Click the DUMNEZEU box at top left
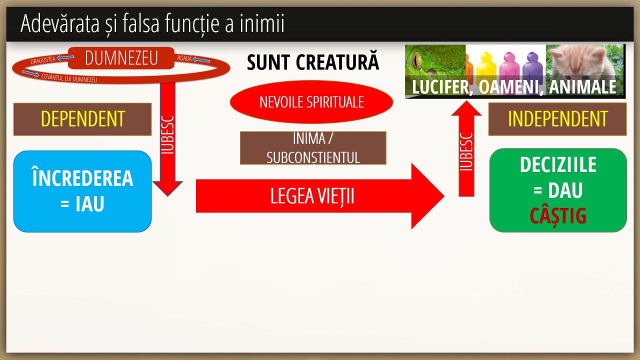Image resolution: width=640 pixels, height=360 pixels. [121, 58]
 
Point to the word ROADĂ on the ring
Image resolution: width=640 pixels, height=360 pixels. [184, 58]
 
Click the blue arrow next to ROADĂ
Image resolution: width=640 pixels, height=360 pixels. [201, 60]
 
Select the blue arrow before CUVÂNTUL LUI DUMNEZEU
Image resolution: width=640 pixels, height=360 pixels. [30, 74]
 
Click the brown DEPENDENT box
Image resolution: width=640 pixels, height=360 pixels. [82, 119]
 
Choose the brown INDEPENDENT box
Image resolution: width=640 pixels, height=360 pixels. [557, 119]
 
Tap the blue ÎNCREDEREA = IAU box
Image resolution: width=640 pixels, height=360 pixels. [82, 191]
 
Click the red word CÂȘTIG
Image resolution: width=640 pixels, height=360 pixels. [558, 216]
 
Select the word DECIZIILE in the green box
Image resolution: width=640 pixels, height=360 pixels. [558, 164]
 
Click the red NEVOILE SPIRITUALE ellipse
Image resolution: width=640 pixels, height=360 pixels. [311, 102]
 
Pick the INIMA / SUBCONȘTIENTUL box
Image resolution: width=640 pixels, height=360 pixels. [313, 148]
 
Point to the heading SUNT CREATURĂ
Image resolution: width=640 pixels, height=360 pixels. [313, 62]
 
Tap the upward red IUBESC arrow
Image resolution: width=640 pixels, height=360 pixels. [466, 150]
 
